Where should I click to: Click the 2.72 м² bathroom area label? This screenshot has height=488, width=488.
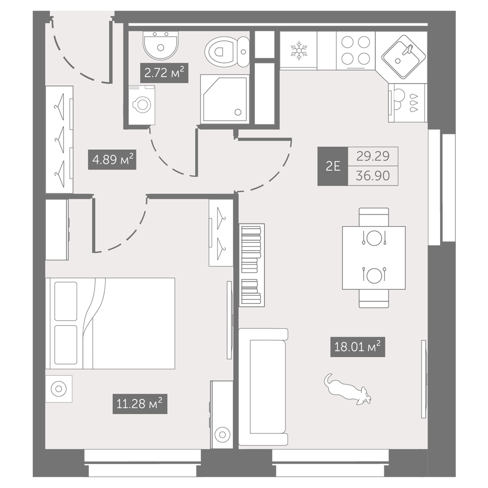(164, 73)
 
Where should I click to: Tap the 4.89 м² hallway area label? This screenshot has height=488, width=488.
(112, 160)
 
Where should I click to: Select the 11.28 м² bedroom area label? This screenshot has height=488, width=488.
(140, 404)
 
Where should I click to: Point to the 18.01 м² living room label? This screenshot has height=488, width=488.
(358, 346)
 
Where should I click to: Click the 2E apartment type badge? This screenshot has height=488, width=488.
(332, 166)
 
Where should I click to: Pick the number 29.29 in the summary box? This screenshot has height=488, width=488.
(373, 156)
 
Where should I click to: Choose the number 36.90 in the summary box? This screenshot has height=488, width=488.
(373, 176)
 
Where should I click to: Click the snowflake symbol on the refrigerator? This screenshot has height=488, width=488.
(299, 50)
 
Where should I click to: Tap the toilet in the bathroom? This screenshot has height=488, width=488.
(227, 51)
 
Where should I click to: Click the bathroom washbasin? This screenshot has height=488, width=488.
(161, 45)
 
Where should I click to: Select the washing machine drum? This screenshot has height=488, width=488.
(142, 104)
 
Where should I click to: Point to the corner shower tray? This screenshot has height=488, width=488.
(224, 99)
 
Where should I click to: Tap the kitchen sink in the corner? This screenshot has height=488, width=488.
(404, 57)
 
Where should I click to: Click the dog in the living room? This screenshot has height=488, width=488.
(347, 389)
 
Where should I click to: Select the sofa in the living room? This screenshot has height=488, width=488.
(264, 386)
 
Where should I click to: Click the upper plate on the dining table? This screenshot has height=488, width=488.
(374, 239)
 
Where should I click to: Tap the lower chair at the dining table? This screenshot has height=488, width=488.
(374, 299)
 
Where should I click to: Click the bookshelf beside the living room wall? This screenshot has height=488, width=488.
(252, 265)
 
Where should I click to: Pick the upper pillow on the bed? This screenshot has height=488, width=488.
(66, 301)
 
